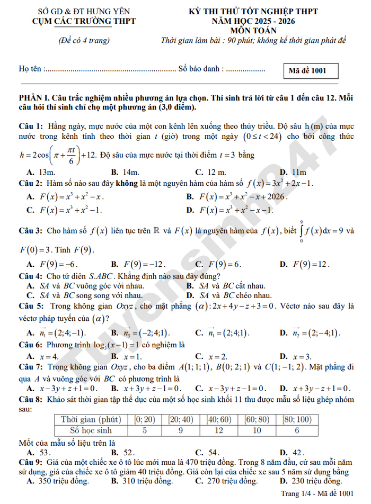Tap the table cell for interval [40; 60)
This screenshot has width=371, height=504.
click(x=218, y=419)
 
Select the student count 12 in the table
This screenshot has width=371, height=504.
click(x=218, y=430)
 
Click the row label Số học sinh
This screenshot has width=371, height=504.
click(x=91, y=430)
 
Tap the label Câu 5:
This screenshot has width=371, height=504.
click(x=31, y=306)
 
